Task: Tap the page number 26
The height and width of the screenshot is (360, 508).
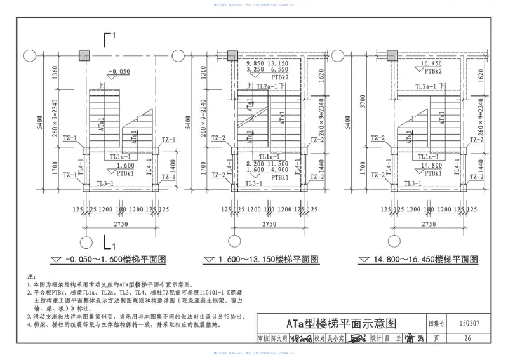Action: point(467,338)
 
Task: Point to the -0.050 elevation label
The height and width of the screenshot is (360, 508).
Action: point(119,72)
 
